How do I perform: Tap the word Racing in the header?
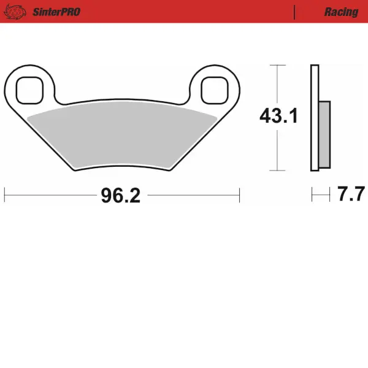coord(341,12)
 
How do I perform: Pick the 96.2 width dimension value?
coord(121,196)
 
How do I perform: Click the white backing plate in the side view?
coord(315,117)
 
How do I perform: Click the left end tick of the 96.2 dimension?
coord(5,196)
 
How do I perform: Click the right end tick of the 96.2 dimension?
coord(239,196)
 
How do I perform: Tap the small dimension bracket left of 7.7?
coord(318,196)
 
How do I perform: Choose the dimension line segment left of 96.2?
coord(49,196)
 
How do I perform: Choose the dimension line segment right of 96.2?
coord(193,196)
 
